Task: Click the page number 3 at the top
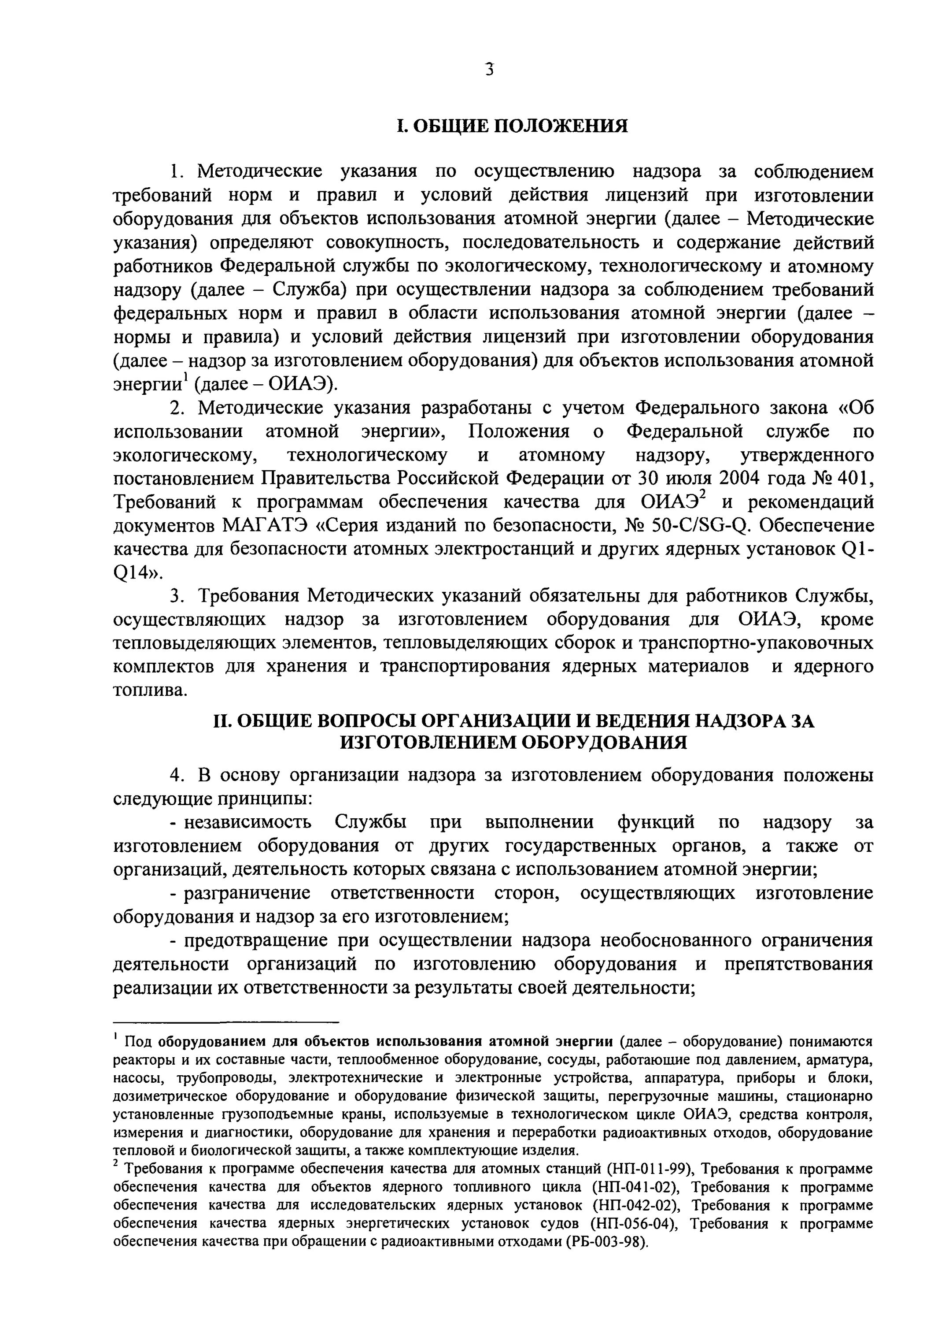coord(489,70)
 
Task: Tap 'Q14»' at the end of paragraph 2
coord(138,573)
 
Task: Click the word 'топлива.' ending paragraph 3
coord(150,691)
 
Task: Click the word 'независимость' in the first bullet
coord(248,822)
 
